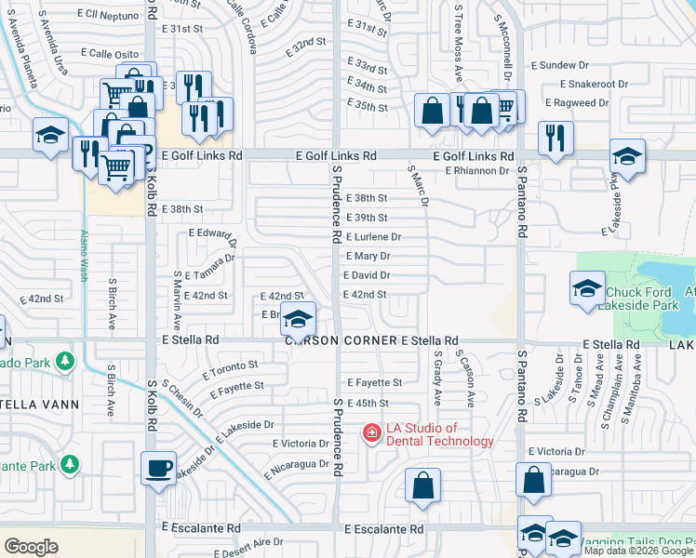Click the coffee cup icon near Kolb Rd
pyautogui.click(x=158, y=467)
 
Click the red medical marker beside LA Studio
pyautogui.click(x=370, y=432)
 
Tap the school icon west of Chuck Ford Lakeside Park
pyautogui.click(x=588, y=289)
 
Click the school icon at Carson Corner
pyautogui.click(x=297, y=319)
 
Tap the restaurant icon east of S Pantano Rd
pyautogui.click(x=555, y=138)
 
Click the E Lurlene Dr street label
pyautogui.click(x=373, y=237)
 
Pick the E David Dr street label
pyautogui.click(x=367, y=275)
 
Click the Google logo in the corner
pyautogui.click(x=31, y=546)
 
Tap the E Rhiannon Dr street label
pyautogui.click(x=476, y=170)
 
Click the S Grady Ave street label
pyautogui.click(x=436, y=378)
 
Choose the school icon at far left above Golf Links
pyautogui.click(x=49, y=135)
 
